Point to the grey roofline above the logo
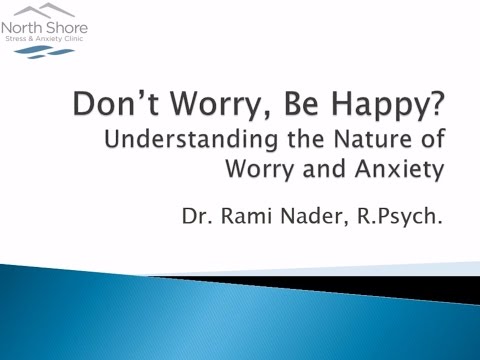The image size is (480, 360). (x=40, y=13)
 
